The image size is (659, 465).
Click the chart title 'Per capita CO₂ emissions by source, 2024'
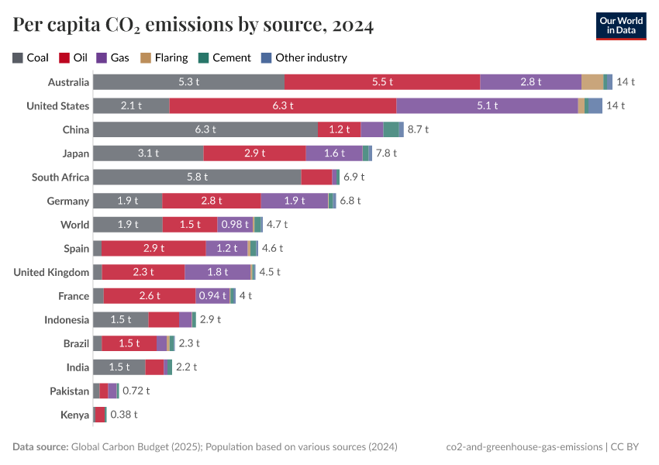click(193, 25)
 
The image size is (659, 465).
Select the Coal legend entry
click(31, 57)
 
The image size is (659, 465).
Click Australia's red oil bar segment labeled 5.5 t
click(382, 81)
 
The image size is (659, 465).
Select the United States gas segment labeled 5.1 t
click(487, 105)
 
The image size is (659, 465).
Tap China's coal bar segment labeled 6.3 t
click(205, 129)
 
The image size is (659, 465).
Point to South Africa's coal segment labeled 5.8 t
click(197, 177)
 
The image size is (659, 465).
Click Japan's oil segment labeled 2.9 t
click(255, 153)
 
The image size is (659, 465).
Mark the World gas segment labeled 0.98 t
click(235, 225)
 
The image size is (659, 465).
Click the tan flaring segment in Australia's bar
click(592, 81)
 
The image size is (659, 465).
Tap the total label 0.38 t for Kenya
click(124, 415)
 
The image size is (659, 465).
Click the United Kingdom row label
click(52, 272)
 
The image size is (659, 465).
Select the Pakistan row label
click(69, 391)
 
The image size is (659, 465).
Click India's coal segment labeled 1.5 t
click(119, 367)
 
